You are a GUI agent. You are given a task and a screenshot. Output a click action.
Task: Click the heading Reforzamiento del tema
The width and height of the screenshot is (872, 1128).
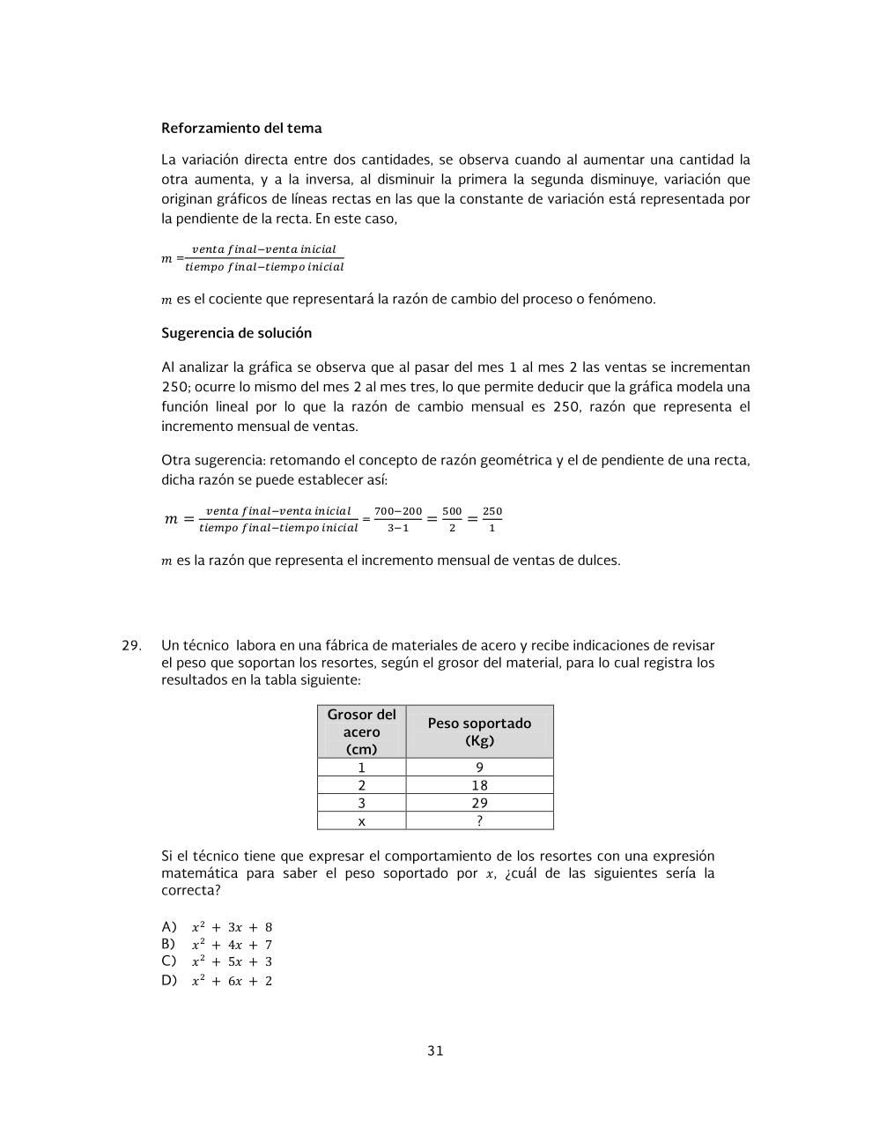pos(241,128)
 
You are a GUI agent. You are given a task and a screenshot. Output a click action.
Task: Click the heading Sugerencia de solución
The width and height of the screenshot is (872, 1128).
pos(236,333)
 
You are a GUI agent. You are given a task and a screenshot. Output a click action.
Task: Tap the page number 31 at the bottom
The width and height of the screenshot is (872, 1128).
pos(435,1050)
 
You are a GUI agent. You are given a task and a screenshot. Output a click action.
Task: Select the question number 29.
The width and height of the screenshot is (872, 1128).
pos(131,645)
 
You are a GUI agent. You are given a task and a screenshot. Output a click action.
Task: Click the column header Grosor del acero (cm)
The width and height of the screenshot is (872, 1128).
pos(361,731)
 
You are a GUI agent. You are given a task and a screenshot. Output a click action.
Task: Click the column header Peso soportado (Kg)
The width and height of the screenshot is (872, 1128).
pos(479,731)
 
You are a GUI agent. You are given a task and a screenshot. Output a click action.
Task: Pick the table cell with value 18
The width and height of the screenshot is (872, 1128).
pos(479,785)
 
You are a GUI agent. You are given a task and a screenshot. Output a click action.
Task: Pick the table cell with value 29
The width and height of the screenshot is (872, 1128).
pos(479,803)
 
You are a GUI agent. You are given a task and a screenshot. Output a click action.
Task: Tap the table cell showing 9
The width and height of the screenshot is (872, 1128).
pos(479,768)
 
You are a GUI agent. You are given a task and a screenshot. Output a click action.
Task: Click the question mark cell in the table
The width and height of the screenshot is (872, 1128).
pos(479,820)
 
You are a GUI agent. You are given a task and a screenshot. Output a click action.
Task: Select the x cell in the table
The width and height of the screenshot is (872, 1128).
pos(361,820)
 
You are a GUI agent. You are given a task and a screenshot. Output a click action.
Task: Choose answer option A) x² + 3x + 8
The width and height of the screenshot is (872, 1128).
pos(218,927)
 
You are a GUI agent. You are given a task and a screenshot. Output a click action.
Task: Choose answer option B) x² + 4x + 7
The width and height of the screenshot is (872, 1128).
pos(218,945)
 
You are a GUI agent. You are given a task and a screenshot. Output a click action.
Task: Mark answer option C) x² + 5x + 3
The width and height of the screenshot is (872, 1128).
pos(218,961)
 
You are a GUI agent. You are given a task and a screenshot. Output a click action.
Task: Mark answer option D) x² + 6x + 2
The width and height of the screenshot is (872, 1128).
pos(218,981)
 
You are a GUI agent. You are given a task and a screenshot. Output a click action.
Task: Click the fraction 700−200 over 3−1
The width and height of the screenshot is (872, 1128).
pos(398,519)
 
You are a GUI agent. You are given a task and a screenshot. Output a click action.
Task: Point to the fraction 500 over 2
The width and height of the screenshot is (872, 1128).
pos(452,519)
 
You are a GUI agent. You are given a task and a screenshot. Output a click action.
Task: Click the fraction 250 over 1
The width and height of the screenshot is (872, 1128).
pos(492,519)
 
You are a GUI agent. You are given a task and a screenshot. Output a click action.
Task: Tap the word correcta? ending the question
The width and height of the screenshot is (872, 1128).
pos(191,890)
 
